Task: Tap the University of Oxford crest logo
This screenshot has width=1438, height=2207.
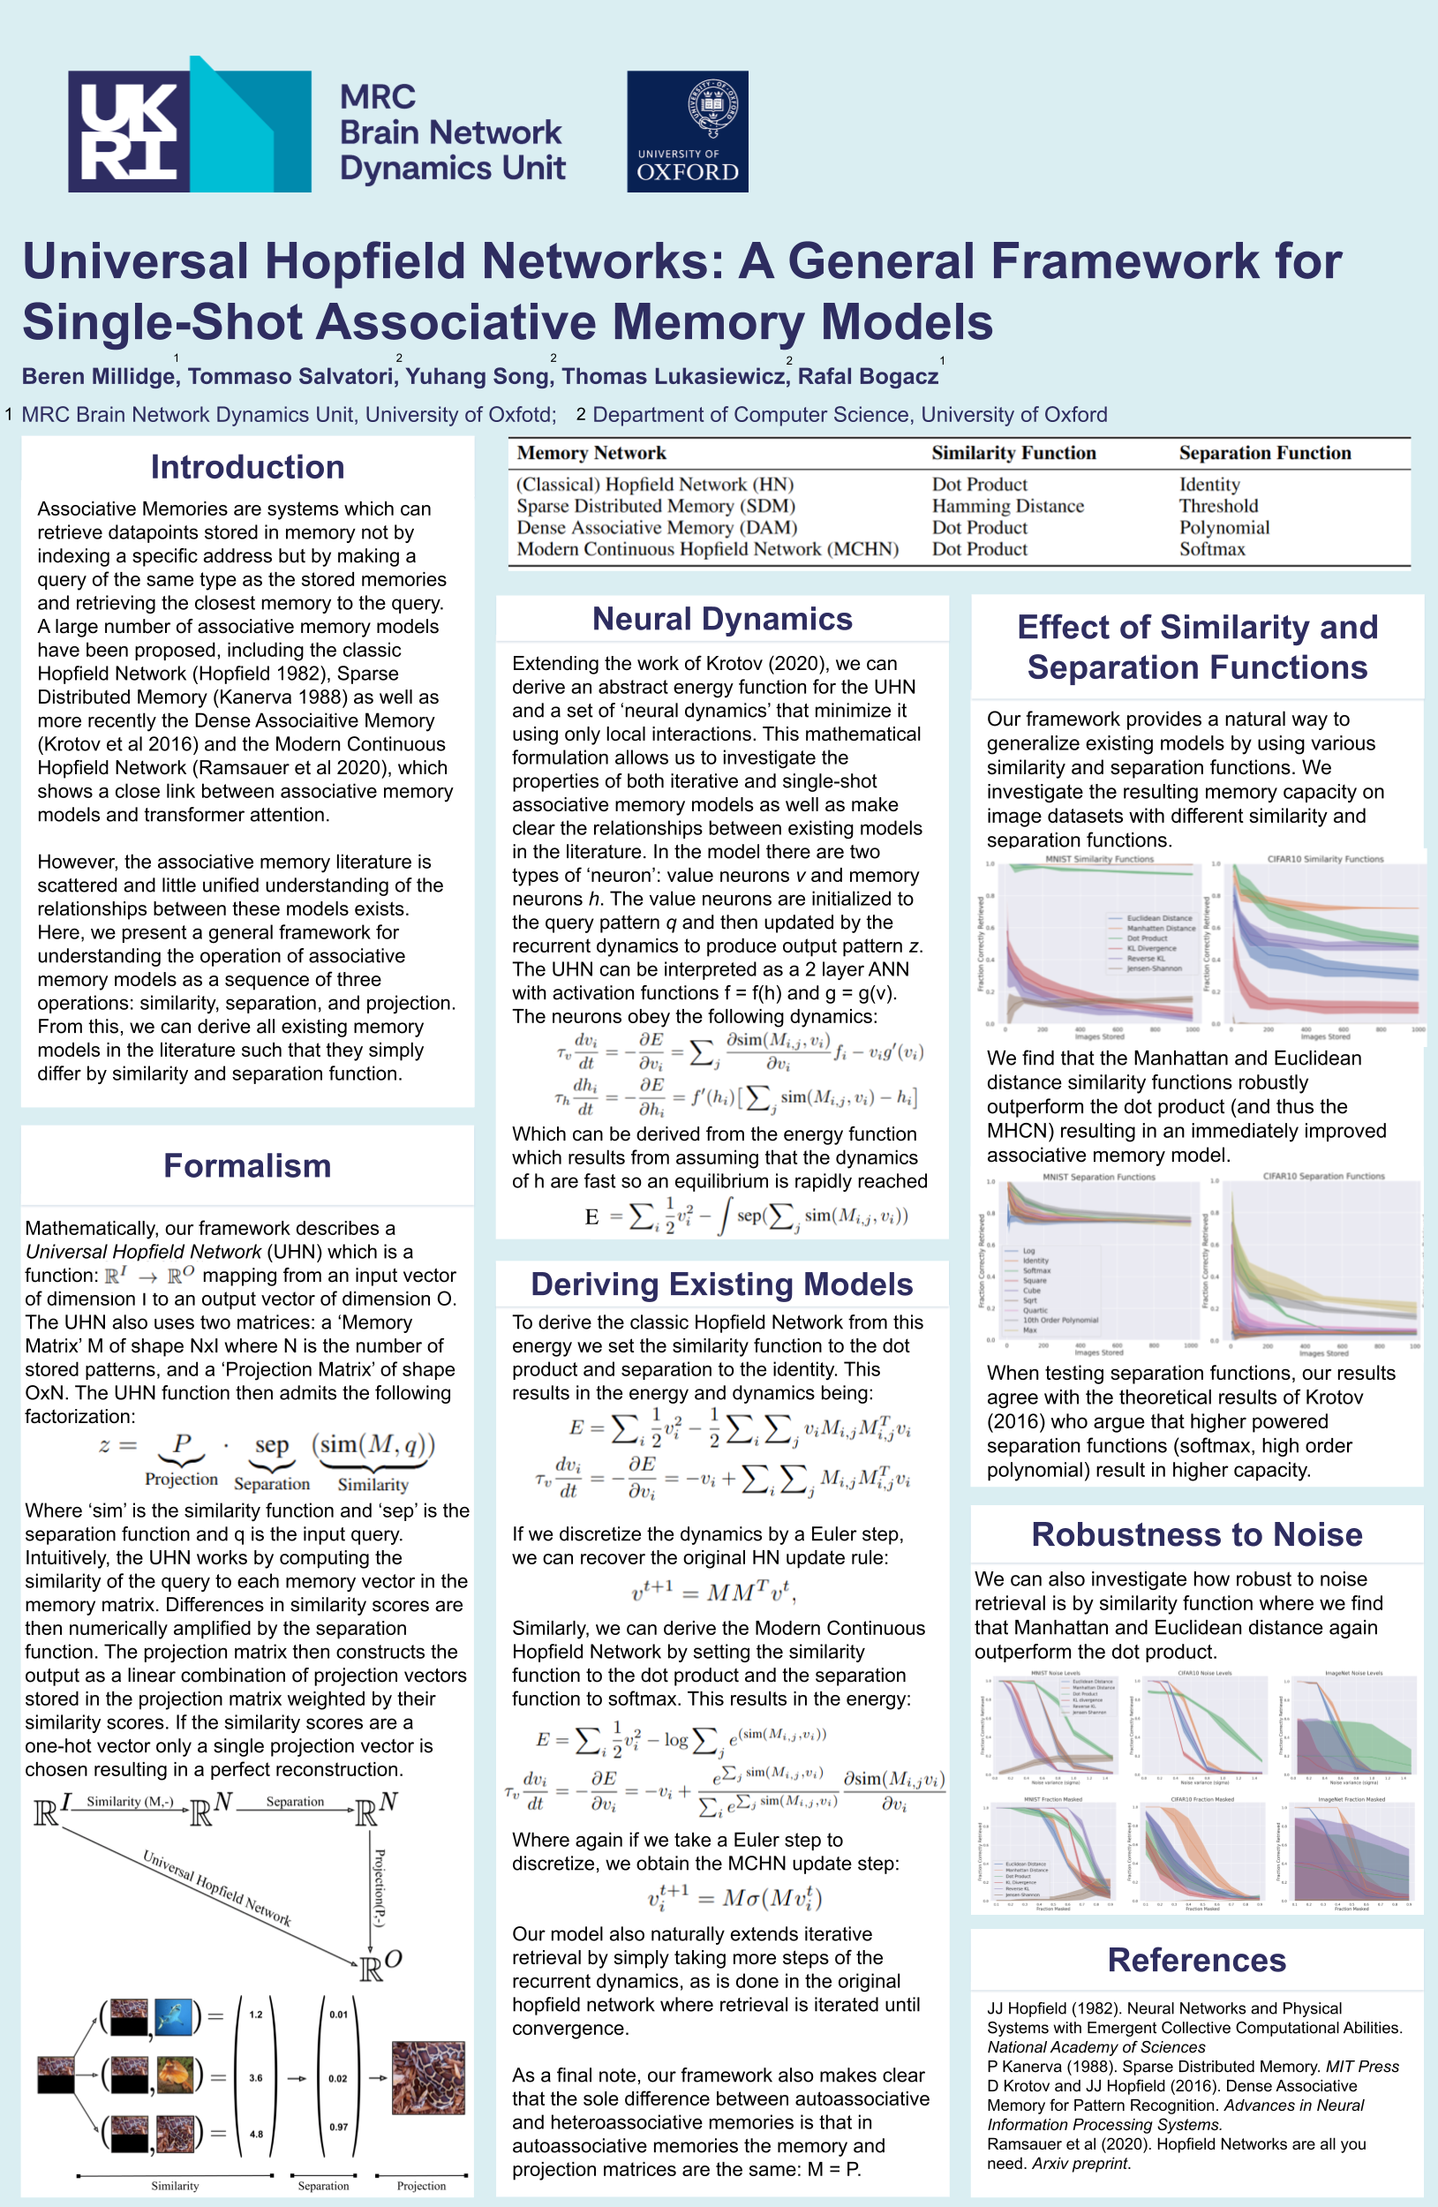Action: (x=687, y=132)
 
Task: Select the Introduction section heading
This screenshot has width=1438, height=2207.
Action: (x=247, y=466)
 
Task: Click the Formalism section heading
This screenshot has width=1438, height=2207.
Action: (x=247, y=1164)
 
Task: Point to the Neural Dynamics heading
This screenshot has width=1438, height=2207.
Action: (x=722, y=619)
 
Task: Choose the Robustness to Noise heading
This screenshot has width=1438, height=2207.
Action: (x=1196, y=1533)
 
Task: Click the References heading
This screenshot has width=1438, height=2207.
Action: (x=1196, y=1960)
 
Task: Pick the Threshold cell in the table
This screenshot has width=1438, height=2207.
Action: (x=1218, y=505)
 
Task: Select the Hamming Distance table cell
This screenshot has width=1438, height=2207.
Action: (x=1007, y=505)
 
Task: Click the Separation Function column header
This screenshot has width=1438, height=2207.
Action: (x=1265, y=453)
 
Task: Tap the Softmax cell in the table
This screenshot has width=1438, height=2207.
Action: (x=1212, y=549)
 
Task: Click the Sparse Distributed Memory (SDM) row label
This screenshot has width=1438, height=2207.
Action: (x=656, y=505)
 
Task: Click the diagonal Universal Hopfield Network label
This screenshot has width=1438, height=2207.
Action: (x=217, y=1887)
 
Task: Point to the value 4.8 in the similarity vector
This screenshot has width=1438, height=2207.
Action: (x=256, y=2134)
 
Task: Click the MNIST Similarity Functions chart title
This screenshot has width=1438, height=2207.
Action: (x=1099, y=860)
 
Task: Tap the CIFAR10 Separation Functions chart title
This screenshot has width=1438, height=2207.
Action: (x=1323, y=1176)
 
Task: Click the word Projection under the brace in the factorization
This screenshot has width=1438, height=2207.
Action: (x=182, y=1479)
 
